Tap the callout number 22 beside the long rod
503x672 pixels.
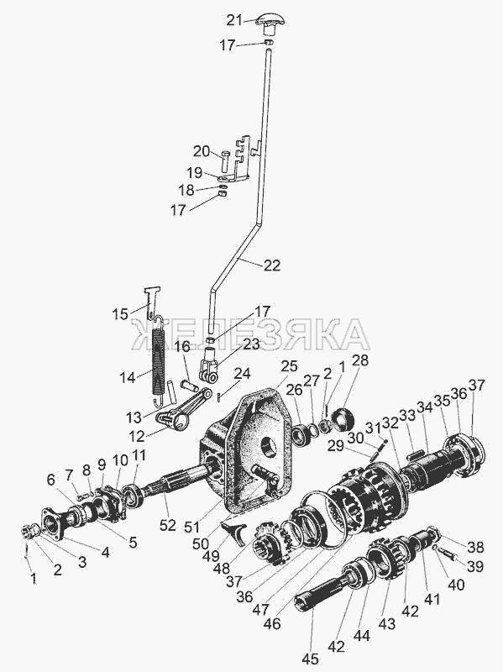pyautogui.click(x=271, y=265)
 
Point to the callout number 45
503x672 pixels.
pyautogui.click(x=309, y=659)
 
